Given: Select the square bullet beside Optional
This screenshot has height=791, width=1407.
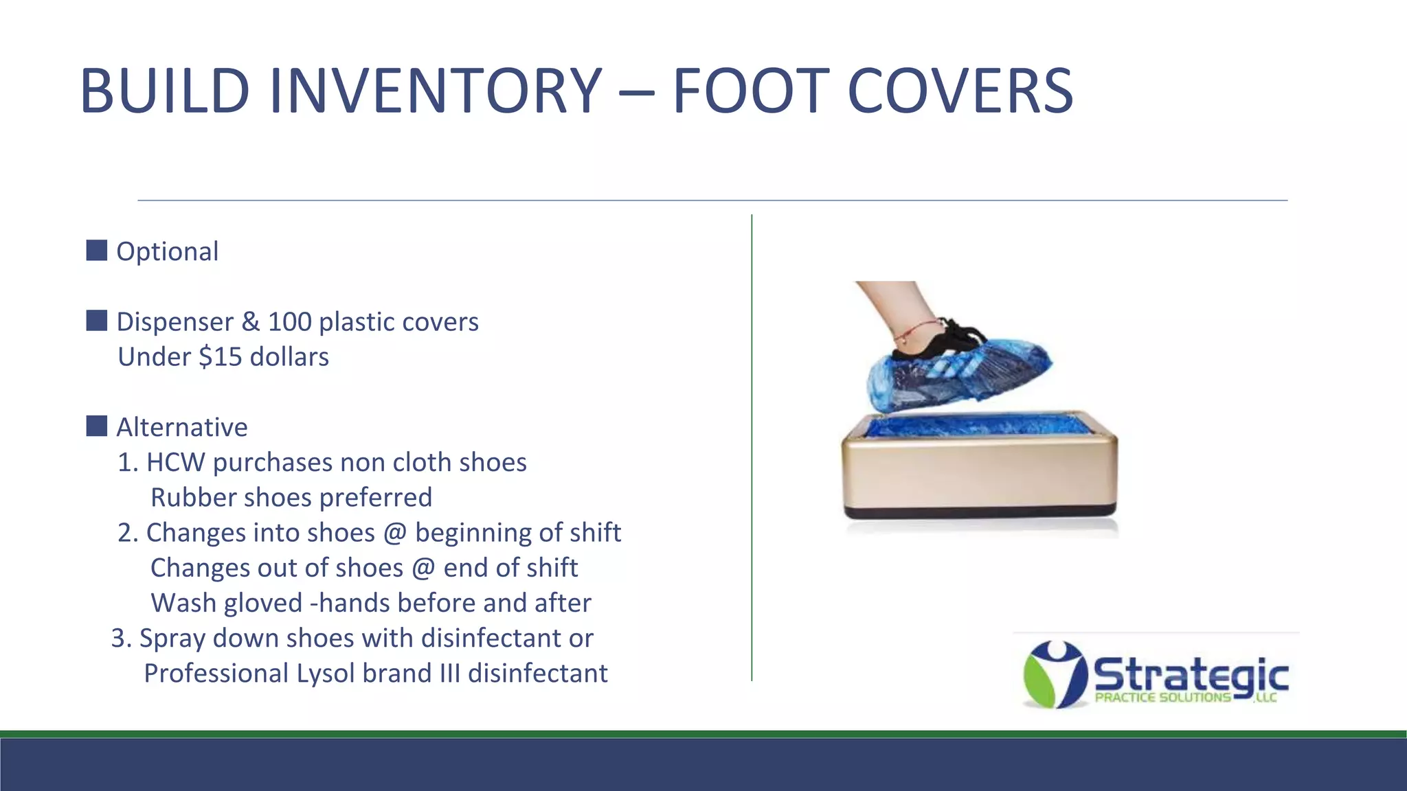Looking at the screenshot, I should pos(96,251).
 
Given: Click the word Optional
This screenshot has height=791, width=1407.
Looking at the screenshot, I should pos(167,252).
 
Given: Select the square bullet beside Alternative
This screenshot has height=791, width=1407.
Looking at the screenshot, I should pos(96,426).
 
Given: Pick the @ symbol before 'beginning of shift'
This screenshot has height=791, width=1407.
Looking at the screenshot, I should pos(395,533).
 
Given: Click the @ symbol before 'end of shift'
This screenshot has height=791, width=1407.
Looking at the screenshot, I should pos(423,568).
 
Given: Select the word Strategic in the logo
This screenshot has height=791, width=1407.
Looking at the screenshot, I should pos(1190,675).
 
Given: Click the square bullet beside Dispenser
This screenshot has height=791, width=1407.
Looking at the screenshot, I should pos(96,321).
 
